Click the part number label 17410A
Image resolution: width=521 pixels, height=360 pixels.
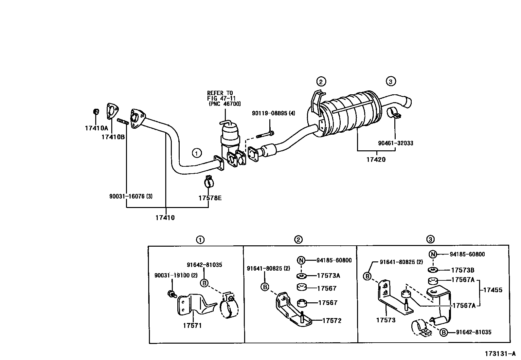coord(96,128)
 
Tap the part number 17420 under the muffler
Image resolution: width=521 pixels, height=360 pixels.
coord(376,160)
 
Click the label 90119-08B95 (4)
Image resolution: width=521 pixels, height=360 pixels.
coord(273,113)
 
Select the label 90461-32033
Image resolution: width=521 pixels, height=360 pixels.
coord(395,143)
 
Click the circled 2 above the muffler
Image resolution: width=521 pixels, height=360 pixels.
coord(321,82)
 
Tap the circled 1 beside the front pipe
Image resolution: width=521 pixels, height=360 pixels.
coord(197,153)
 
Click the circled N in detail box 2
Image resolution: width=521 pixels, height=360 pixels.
coord(301,260)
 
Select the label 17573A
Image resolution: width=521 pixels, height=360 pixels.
coord(328,275)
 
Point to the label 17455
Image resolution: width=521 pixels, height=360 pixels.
coord(493,290)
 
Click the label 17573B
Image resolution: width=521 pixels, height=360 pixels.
coord(462,270)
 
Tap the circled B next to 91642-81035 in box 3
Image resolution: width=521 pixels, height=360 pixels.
coord(443,332)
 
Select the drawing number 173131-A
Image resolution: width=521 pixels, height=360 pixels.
coord(500,354)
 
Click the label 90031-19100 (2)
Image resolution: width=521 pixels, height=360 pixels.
coord(176,275)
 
